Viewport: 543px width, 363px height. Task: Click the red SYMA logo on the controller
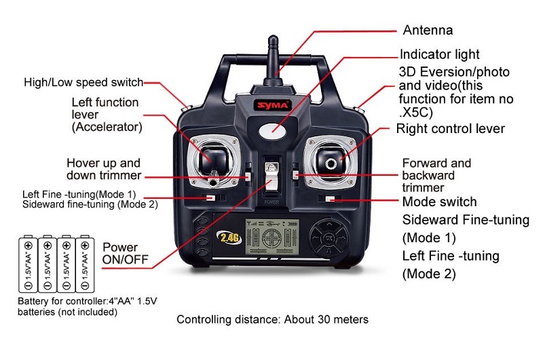pyautogui.click(x=274, y=105)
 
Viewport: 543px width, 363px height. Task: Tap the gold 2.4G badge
pyautogui.click(x=229, y=237)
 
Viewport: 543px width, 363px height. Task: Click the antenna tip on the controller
pyautogui.click(x=273, y=38)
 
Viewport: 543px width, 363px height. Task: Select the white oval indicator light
pyautogui.click(x=273, y=131)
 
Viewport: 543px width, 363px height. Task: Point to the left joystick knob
pyautogui.click(x=212, y=159)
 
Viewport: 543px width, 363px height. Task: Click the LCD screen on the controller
pyautogui.click(x=272, y=237)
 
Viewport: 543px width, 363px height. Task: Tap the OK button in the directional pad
pyautogui.click(x=328, y=238)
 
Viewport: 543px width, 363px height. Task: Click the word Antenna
pyautogui.click(x=428, y=30)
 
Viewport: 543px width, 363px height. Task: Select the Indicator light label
pyautogui.click(x=439, y=54)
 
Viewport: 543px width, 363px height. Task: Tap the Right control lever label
pyautogui.click(x=450, y=129)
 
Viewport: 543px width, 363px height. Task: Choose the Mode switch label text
pyautogui.click(x=439, y=202)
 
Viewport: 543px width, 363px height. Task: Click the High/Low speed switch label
pyautogui.click(x=83, y=82)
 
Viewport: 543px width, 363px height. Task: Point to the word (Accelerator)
pyautogui.click(x=107, y=127)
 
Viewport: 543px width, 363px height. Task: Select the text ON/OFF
pyautogui.click(x=126, y=259)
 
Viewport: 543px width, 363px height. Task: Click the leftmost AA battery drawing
pyautogui.click(x=28, y=264)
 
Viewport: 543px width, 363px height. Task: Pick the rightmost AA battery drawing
pyautogui.click(x=85, y=264)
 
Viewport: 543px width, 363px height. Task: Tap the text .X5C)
pyautogui.click(x=416, y=113)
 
